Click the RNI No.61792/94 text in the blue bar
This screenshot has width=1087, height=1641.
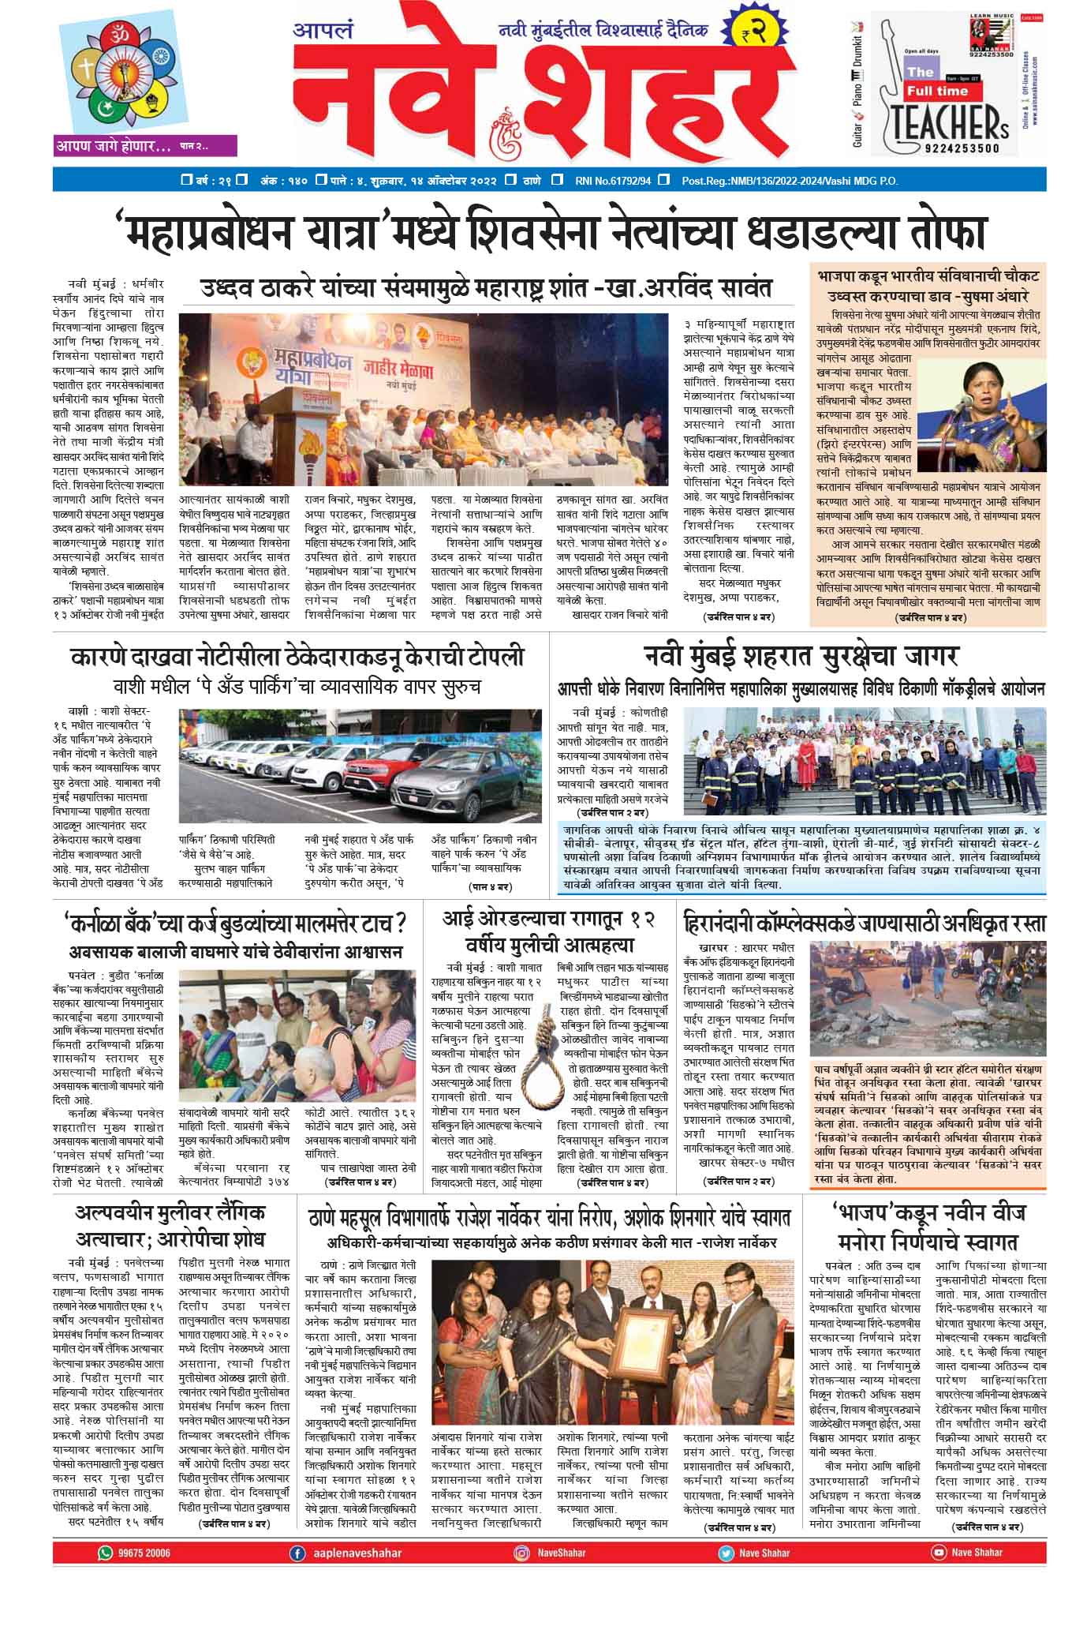point(614,181)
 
